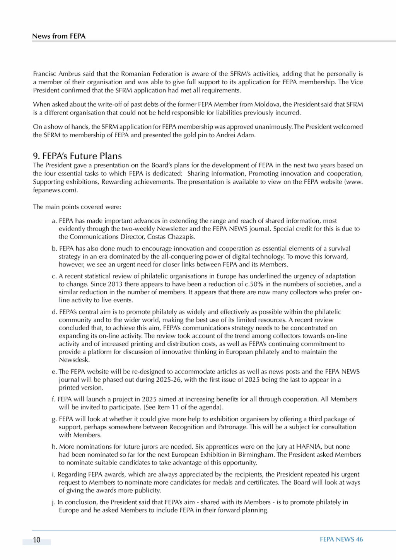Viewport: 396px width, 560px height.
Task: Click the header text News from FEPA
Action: coord(59,36)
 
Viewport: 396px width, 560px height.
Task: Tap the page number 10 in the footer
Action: coord(37,540)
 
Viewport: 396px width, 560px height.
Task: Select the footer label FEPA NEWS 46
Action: coord(341,539)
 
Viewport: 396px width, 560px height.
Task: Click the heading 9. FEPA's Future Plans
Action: coord(77,156)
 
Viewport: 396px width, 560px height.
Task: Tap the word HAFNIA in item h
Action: coord(306,446)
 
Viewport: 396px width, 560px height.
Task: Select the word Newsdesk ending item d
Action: coord(74,360)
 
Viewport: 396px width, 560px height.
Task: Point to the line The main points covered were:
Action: coord(77,207)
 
